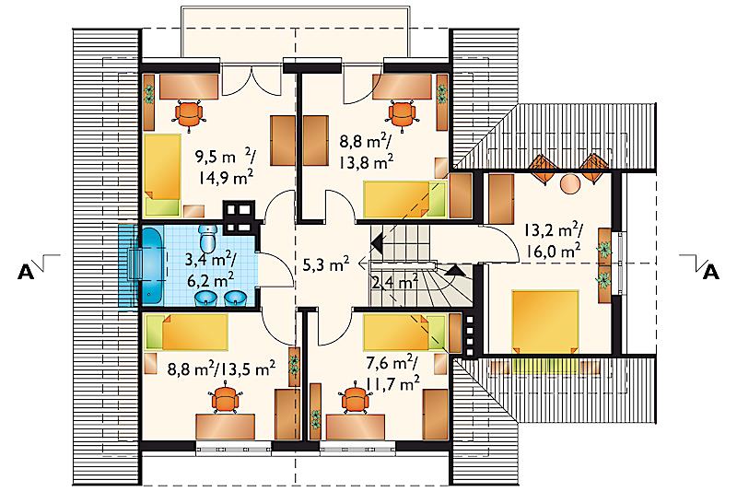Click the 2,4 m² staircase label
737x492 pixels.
click(x=395, y=282)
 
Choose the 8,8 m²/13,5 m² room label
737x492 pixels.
click(x=221, y=369)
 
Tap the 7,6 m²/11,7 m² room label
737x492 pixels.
click(x=392, y=373)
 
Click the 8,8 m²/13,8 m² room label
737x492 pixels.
click(x=366, y=151)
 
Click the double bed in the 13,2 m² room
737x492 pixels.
click(x=545, y=322)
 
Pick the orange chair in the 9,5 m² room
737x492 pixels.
click(x=190, y=115)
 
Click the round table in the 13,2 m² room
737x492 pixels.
click(x=569, y=182)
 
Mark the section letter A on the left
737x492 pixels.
click(x=26, y=272)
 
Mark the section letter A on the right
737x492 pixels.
click(x=710, y=272)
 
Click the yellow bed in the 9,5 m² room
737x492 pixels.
click(x=162, y=174)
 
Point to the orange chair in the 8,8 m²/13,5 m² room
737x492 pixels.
click(x=227, y=399)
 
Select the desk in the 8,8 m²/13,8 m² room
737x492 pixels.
click(x=402, y=87)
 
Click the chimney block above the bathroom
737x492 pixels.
click(x=239, y=217)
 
